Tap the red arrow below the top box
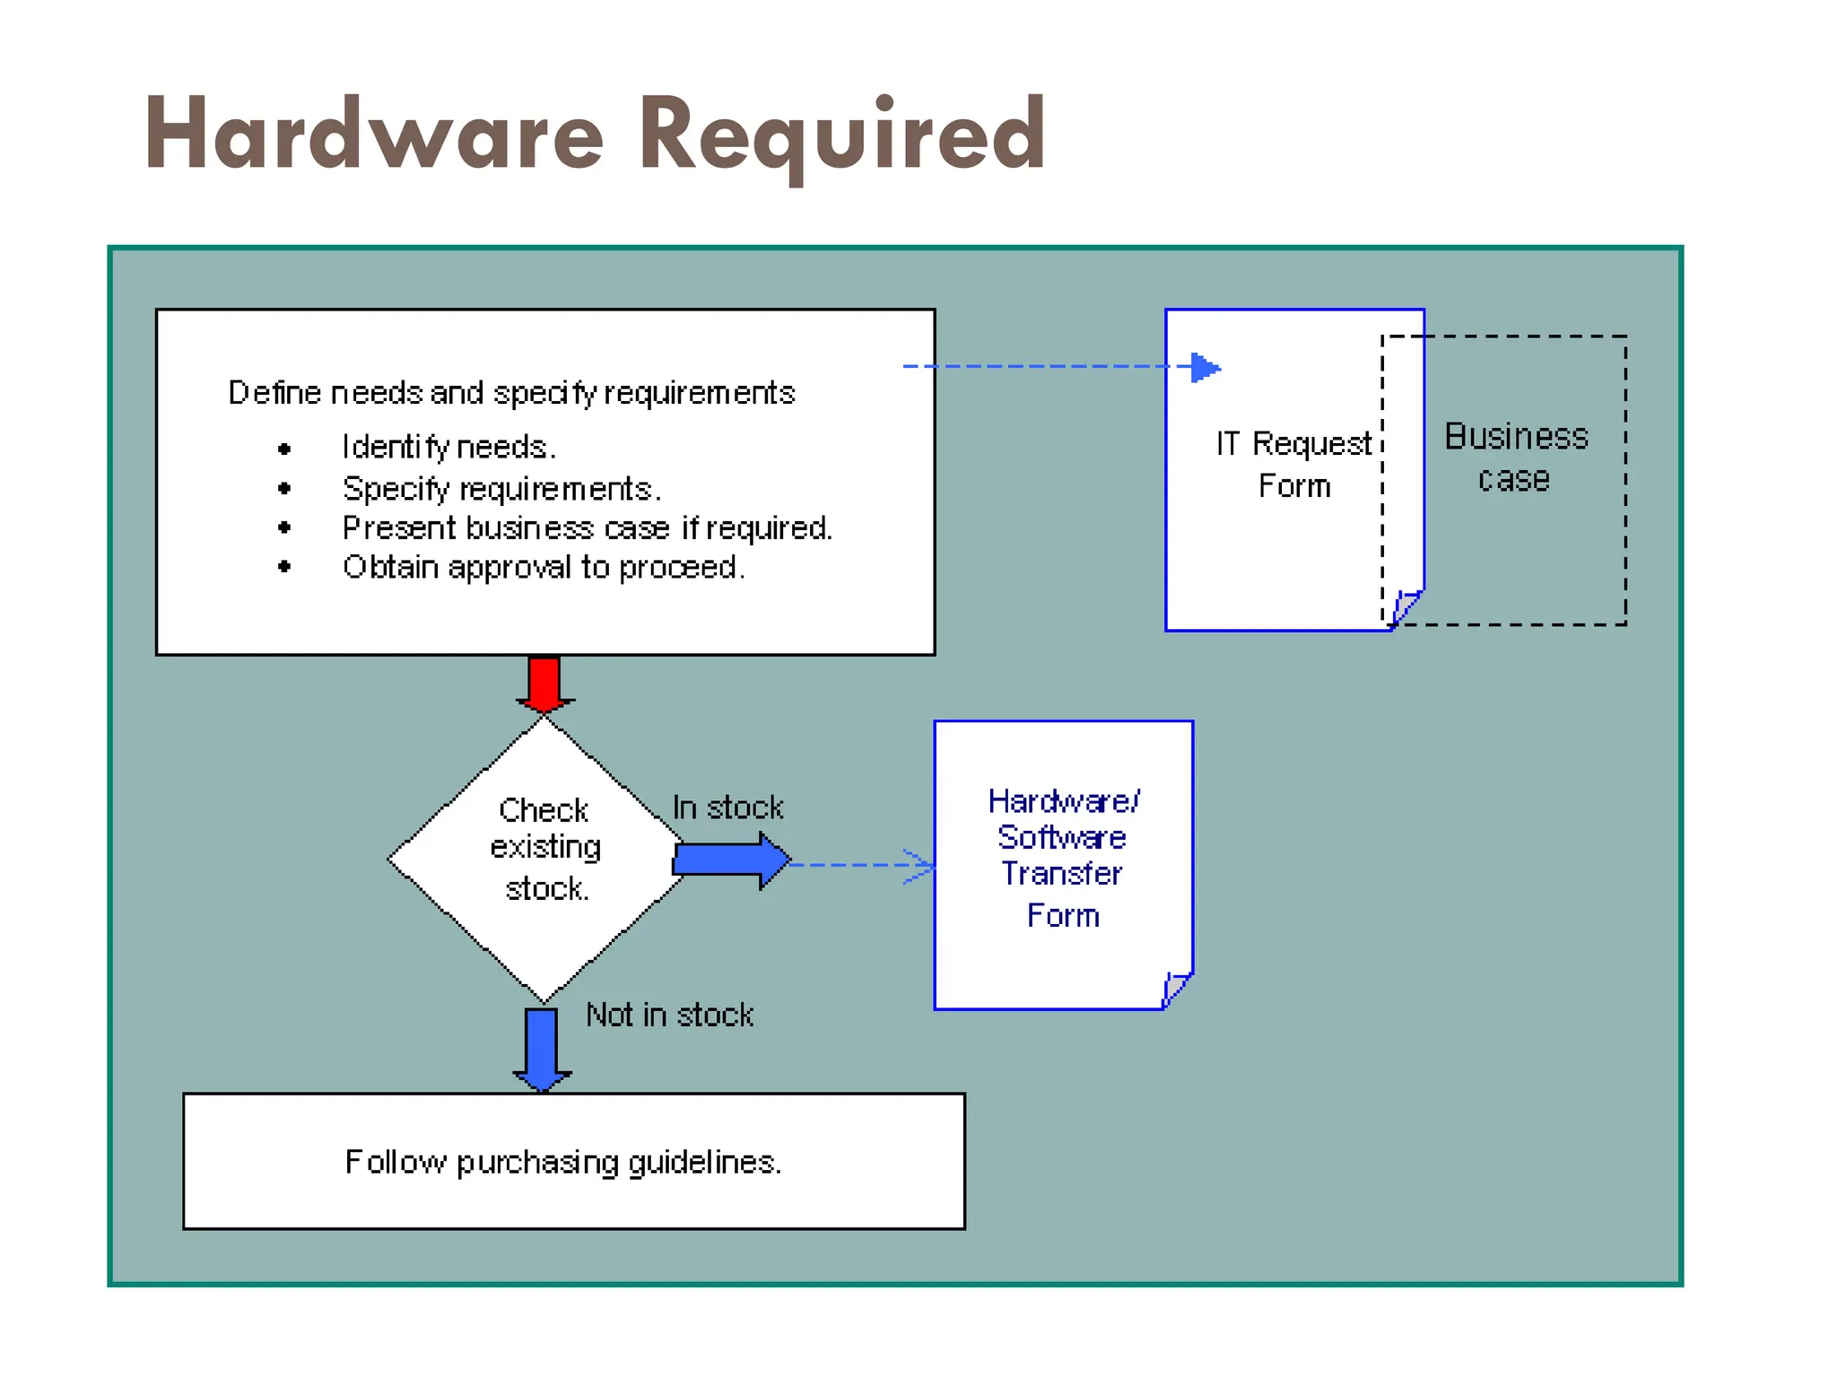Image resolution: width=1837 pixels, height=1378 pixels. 544,684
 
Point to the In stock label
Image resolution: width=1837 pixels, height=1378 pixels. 727,807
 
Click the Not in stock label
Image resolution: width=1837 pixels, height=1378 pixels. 669,1015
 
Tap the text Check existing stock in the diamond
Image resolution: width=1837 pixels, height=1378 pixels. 544,849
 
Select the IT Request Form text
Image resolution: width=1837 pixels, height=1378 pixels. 1293,464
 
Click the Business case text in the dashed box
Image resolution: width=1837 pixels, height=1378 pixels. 1515,458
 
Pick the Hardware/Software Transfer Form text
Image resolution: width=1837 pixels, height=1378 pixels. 1063,857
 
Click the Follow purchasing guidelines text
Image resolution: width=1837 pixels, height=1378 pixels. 563,1162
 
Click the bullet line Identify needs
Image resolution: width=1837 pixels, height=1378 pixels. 448,447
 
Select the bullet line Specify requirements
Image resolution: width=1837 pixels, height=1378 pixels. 501,489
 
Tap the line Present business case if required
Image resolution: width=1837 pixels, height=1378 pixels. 587,528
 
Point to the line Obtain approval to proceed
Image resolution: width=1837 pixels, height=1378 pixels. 543,568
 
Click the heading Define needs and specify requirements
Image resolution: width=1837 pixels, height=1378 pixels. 511,393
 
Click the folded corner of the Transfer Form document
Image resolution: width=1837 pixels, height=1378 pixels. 1175,990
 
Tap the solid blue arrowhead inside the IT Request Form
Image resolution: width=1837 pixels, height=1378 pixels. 1205,367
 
